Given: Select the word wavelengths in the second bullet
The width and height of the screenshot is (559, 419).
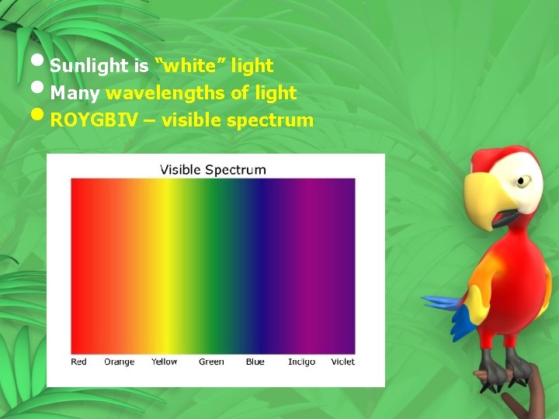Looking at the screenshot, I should [166, 93].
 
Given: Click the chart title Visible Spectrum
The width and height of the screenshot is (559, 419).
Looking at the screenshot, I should [213, 169].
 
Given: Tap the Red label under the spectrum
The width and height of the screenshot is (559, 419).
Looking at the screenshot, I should [79, 362].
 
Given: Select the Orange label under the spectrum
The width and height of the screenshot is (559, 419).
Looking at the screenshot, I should [119, 362].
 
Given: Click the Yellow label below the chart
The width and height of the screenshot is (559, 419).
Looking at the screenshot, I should [164, 362].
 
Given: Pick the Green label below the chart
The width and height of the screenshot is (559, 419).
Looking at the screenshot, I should [211, 362].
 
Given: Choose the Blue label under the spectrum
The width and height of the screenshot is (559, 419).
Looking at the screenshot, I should [255, 362].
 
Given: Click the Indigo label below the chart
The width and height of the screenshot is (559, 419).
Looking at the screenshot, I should [301, 362].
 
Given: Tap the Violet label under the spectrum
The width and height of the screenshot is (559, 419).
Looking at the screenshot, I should [342, 362].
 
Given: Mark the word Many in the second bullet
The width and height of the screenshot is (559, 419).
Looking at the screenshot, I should [75, 93].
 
